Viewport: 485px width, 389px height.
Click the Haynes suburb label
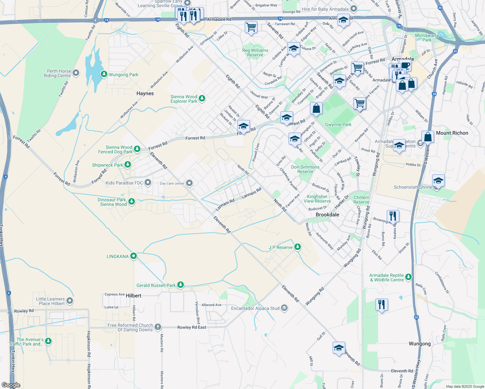pos(145,93)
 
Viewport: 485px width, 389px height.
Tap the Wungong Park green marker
pos(104,74)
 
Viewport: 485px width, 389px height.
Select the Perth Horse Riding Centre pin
pos(76,73)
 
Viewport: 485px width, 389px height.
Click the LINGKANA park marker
pos(133,256)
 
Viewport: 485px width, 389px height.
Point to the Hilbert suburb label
pos(134,296)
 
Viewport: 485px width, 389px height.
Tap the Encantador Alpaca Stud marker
pos(284,308)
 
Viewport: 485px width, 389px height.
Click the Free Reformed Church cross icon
pos(158,327)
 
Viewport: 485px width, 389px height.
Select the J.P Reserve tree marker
pos(297,247)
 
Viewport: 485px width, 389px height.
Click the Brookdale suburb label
pos(327,215)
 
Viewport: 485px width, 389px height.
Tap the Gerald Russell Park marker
pos(181,285)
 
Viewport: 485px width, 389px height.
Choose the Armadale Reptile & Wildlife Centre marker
pos(408,277)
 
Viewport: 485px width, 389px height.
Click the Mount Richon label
pos(452,133)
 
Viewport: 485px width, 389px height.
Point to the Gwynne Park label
pos(338,124)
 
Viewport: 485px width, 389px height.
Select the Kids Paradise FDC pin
pos(148,183)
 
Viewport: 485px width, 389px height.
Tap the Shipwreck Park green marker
pos(128,165)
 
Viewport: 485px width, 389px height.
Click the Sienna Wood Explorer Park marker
pos(202,98)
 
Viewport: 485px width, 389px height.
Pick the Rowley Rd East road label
pos(192,327)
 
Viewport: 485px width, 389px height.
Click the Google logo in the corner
pos(11,385)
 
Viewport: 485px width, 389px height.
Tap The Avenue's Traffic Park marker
pos(48,341)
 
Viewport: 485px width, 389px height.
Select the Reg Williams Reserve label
pos(255,53)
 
